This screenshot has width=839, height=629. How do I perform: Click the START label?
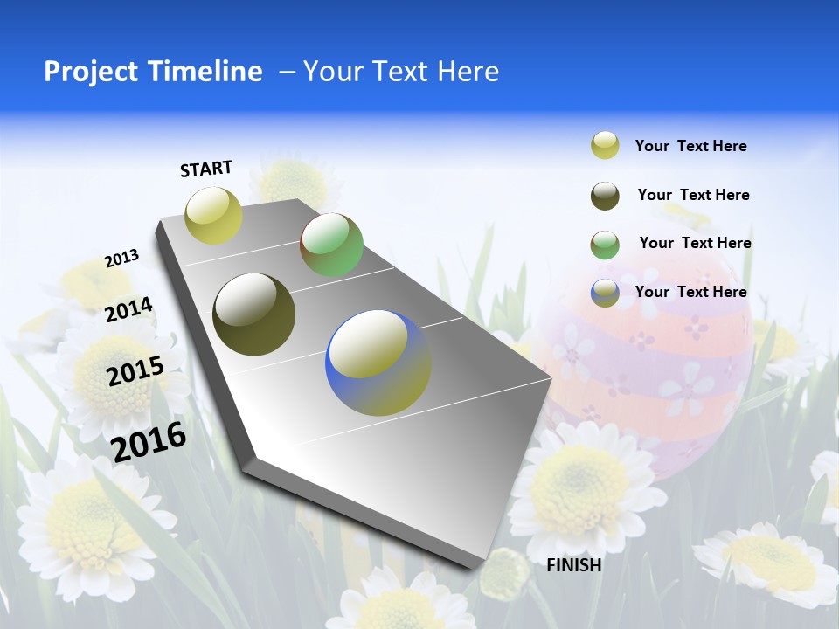[x=206, y=169]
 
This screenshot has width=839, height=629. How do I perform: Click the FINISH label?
[x=574, y=565]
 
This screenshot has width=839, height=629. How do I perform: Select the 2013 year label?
[x=122, y=259]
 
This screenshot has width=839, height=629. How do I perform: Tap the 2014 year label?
[x=129, y=309]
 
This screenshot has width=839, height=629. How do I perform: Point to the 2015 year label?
[x=135, y=371]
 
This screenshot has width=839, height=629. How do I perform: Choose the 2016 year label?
[x=149, y=441]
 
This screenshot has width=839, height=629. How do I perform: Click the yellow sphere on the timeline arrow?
[x=213, y=215]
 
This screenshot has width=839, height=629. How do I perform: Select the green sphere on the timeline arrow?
[x=331, y=245]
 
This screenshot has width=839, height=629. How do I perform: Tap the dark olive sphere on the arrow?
[x=253, y=314]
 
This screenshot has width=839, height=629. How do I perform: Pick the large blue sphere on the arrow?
[x=378, y=363]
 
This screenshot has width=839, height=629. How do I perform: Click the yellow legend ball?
[x=605, y=146]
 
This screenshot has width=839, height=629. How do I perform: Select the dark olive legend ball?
[x=605, y=196]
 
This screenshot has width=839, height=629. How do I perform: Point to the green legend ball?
[x=605, y=245]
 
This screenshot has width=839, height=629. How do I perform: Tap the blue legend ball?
[x=605, y=293]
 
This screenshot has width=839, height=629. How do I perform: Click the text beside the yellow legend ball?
[x=690, y=147]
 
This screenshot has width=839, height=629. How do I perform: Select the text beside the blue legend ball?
[x=690, y=292]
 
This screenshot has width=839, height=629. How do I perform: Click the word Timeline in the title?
[x=209, y=72]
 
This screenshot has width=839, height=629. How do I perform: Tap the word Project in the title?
[x=90, y=72]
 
